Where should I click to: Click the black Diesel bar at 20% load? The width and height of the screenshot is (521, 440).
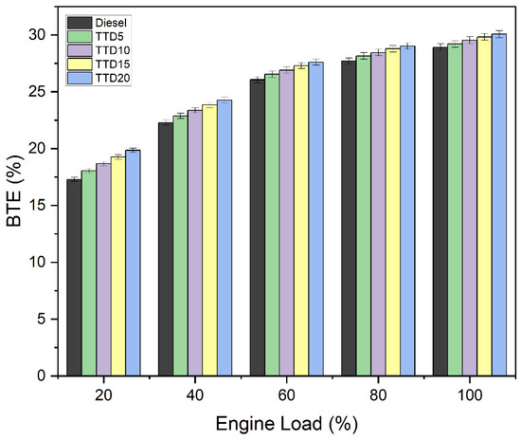(74, 278)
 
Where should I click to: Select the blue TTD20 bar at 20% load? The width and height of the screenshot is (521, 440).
(133, 263)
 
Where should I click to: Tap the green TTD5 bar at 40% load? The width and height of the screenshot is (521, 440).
(180, 247)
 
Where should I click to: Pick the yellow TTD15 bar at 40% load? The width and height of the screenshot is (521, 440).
(209, 241)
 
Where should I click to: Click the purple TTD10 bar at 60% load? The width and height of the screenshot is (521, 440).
(286, 223)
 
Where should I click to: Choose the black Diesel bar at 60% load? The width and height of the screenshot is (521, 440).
(257, 228)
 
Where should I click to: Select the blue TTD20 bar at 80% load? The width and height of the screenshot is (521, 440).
(407, 211)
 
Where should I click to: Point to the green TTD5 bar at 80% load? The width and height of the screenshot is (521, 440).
(364, 216)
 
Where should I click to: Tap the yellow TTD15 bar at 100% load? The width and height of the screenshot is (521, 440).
(484, 207)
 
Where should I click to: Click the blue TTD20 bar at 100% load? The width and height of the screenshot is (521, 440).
(499, 205)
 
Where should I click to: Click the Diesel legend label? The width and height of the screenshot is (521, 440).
(111, 23)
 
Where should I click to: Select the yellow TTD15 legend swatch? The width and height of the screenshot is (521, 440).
(80, 64)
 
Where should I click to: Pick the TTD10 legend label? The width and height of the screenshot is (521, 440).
(113, 50)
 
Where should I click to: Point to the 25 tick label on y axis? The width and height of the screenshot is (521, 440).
(38, 92)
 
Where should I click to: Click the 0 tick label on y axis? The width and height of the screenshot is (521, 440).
(42, 376)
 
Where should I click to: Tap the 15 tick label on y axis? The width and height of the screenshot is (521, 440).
(38, 206)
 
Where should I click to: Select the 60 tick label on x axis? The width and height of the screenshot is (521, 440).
(286, 395)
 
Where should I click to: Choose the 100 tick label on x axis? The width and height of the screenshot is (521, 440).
(470, 395)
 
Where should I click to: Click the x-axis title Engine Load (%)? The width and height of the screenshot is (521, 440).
(287, 424)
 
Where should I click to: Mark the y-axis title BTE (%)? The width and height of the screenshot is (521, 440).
(14, 191)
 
